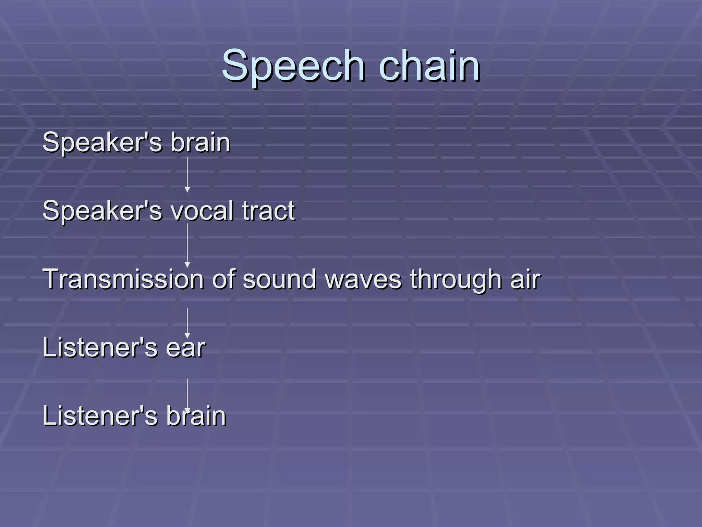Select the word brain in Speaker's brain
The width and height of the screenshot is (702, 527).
201,142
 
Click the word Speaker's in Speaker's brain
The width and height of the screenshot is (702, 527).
102,143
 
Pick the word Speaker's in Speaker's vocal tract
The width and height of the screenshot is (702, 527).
102,211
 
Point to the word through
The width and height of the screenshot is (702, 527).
456,280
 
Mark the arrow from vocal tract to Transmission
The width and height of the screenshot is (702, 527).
187,245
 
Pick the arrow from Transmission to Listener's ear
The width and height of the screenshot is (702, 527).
187,323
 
